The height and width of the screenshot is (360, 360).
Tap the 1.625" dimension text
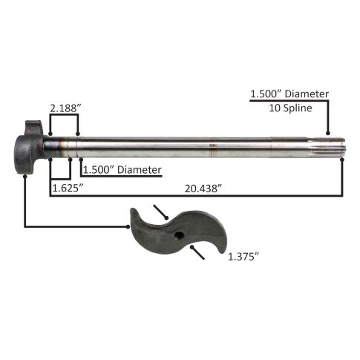pyautogui.click(x=68, y=188)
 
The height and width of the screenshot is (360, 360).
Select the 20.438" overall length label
pyautogui.click(x=203, y=189)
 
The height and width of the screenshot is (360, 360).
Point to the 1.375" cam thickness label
pyautogui.click(x=243, y=257)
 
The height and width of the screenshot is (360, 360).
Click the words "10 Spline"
pyautogui.click(x=290, y=108)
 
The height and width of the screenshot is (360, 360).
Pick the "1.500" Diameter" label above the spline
pyautogui.click(x=289, y=94)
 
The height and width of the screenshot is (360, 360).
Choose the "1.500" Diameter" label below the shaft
pyautogui.click(x=122, y=170)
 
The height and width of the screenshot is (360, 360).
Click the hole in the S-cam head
pyautogui.click(x=179, y=235)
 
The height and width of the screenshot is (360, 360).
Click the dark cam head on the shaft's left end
pyautogui.click(x=29, y=148)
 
